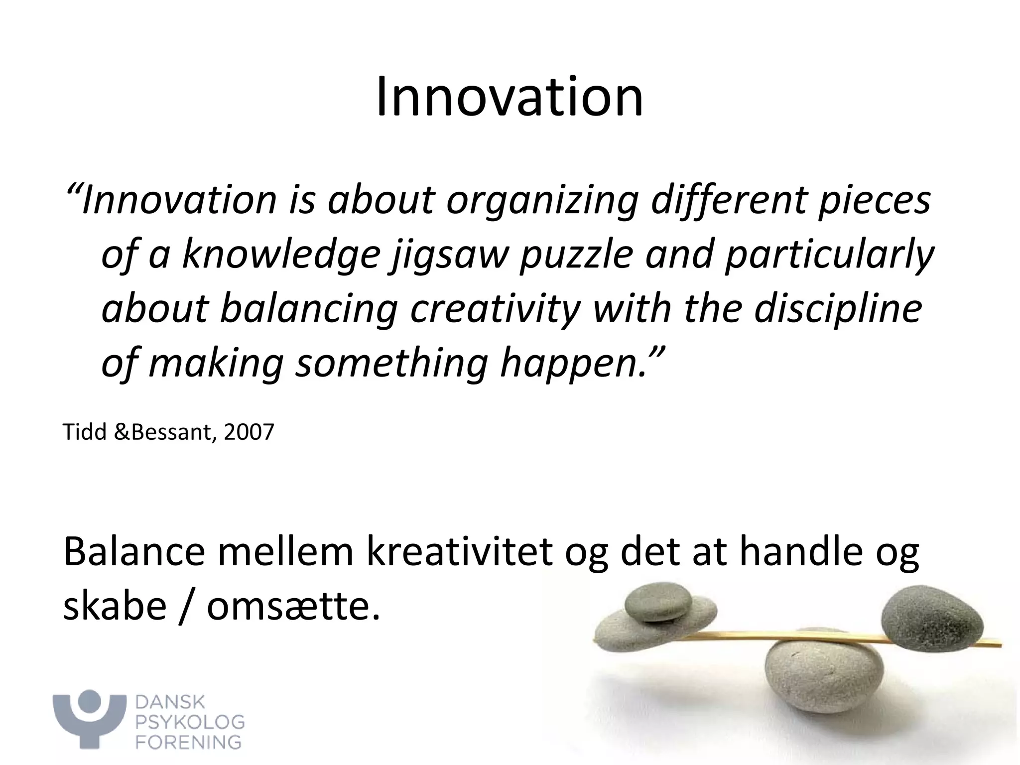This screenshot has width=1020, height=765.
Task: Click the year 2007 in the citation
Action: [x=249, y=431]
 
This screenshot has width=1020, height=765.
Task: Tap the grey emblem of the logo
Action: [x=90, y=717]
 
